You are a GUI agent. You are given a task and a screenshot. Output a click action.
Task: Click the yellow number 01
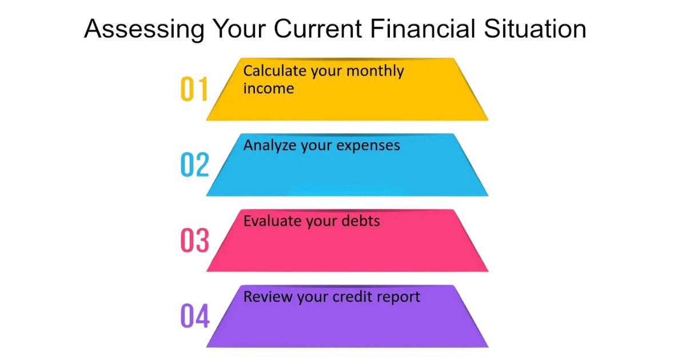click(194, 90)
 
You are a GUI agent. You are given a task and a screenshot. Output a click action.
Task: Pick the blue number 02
click(194, 165)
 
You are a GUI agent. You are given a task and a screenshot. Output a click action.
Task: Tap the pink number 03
click(194, 241)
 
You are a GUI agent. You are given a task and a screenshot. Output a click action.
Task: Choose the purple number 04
click(194, 316)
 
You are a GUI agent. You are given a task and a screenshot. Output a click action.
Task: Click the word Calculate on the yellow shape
click(274, 71)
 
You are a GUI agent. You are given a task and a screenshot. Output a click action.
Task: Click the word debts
click(360, 221)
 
